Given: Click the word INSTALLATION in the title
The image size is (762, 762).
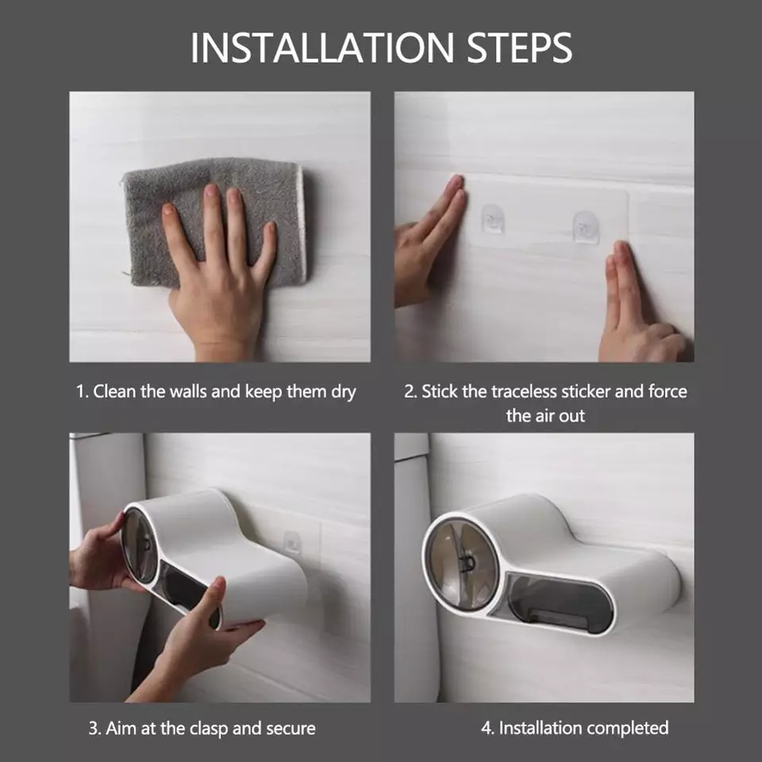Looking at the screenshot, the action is tap(322, 48).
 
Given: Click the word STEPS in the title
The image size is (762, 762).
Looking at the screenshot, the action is tap(519, 48).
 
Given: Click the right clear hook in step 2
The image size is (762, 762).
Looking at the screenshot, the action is tap(585, 226).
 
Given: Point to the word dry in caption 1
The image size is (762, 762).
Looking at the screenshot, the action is tap(344, 391).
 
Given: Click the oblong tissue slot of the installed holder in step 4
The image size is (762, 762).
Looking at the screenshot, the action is tap(559, 603).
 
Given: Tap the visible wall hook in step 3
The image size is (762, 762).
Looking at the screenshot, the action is tap(292, 543).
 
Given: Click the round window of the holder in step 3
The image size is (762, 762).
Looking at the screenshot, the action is tap(140, 545).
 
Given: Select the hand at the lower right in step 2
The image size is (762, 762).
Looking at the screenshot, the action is tap(639, 306).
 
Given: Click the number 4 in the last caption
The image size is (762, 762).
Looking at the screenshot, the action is tap(487, 728).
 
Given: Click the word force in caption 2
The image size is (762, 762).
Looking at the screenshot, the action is tap(668, 391).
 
